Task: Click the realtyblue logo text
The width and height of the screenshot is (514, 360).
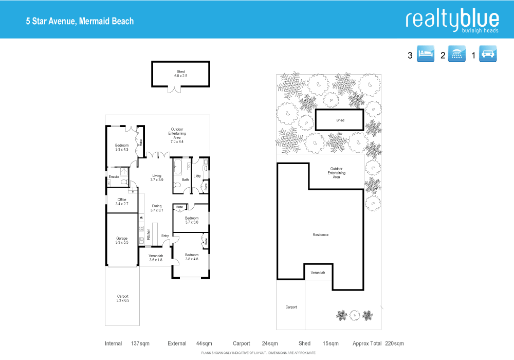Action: pyautogui.click(x=452, y=20)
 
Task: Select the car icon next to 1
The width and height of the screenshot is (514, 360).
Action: pyautogui.click(x=487, y=55)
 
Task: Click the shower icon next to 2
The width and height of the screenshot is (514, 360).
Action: pyautogui.click(x=456, y=55)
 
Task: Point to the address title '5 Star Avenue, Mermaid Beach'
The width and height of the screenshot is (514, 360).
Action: pyautogui.click(x=80, y=21)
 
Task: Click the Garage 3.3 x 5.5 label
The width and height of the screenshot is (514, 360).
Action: pyautogui.click(x=122, y=240)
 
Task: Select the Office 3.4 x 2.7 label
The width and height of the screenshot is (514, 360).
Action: pyautogui.click(x=122, y=202)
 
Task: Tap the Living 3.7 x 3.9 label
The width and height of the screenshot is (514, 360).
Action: pyautogui.click(x=157, y=178)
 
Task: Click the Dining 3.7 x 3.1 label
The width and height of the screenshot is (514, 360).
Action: pyautogui.click(x=157, y=208)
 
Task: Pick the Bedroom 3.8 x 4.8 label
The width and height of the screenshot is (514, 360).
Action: pyautogui.click(x=192, y=257)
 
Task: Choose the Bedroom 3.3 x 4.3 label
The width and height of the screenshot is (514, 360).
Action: pyautogui.click(x=122, y=147)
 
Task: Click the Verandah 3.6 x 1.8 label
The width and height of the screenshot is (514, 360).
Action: pyautogui.click(x=156, y=258)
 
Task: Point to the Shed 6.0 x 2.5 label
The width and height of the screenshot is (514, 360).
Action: pyautogui.click(x=180, y=74)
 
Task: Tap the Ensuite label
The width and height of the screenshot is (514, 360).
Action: pyautogui.click(x=114, y=176)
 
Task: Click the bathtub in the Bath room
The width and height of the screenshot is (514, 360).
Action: pyautogui.click(x=178, y=166)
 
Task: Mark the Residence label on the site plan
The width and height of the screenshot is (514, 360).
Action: pyautogui.click(x=320, y=235)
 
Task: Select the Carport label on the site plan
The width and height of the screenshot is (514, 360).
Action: pyautogui.click(x=291, y=307)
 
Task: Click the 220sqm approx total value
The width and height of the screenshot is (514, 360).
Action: pyautogui.click(x=394, y=344)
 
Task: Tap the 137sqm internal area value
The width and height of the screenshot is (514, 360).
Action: pyautogui.click(x=140, y=344)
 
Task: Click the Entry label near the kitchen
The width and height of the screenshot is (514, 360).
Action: pyautogui.click(x=165, y=236)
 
